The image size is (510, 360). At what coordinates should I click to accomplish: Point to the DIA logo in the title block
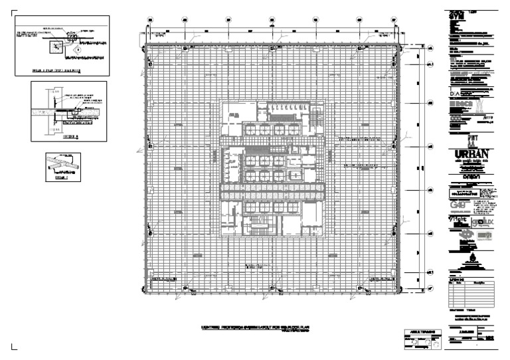pyautogui.click(x=458, y=95)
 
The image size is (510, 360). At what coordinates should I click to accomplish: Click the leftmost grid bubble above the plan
pyautogui.click(x=150, y=19)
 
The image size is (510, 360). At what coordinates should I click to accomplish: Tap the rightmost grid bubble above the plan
pyautogui.click(x=394, y=19)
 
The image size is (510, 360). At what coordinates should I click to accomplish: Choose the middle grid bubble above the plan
pyautogui.click(x=272, y=19)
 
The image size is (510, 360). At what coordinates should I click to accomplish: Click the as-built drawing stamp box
pyautogui.click(x=422, y=338)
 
